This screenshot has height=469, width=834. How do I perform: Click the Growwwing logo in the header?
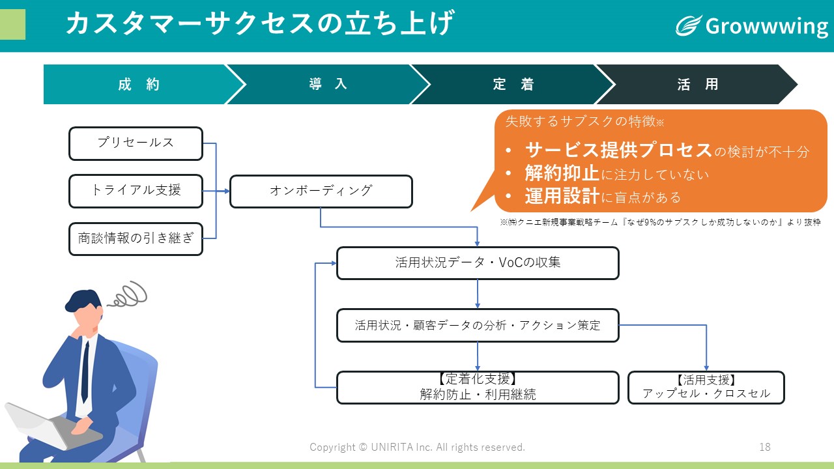752,25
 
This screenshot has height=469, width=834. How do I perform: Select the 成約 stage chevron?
139,84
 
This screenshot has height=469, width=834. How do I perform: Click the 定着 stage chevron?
513,84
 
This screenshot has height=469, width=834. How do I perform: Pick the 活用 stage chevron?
697,84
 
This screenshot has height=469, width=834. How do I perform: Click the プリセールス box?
136,144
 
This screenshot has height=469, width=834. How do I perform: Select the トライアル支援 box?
136,192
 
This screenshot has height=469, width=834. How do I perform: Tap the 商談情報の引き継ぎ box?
136,239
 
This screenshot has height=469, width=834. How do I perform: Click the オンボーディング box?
321,192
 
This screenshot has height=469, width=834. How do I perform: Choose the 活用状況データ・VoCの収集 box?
478,263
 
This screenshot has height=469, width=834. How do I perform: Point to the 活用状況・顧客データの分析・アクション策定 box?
478,326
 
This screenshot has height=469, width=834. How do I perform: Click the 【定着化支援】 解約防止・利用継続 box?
478,388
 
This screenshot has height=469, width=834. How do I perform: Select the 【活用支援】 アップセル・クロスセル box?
706,388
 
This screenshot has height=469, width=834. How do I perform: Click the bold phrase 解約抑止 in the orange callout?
562,173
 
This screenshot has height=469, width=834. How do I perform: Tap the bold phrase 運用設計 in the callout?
562,196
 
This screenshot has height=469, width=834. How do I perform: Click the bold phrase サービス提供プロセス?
618,150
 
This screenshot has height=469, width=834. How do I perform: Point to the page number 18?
765,447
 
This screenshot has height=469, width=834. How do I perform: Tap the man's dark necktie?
85,372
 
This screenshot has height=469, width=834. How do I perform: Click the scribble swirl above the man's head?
128,294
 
